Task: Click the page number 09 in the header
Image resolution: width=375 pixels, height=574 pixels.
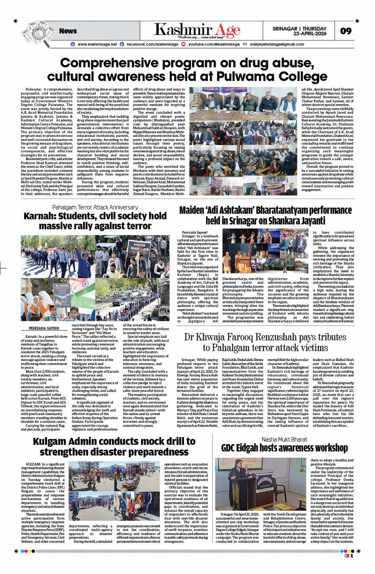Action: coord(345,31)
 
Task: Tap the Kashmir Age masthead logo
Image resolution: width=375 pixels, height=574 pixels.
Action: coord(197,30)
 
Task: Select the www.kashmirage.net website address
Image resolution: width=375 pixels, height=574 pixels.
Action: coord(97,44)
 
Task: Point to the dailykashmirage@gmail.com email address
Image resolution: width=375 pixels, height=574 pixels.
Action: coord(277,44)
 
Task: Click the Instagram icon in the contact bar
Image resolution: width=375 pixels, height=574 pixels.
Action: coord(73,44)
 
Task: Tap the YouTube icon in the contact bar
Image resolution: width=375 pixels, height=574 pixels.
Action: coord(184,44)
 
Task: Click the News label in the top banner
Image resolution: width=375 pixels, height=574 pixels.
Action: coord(68,31)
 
